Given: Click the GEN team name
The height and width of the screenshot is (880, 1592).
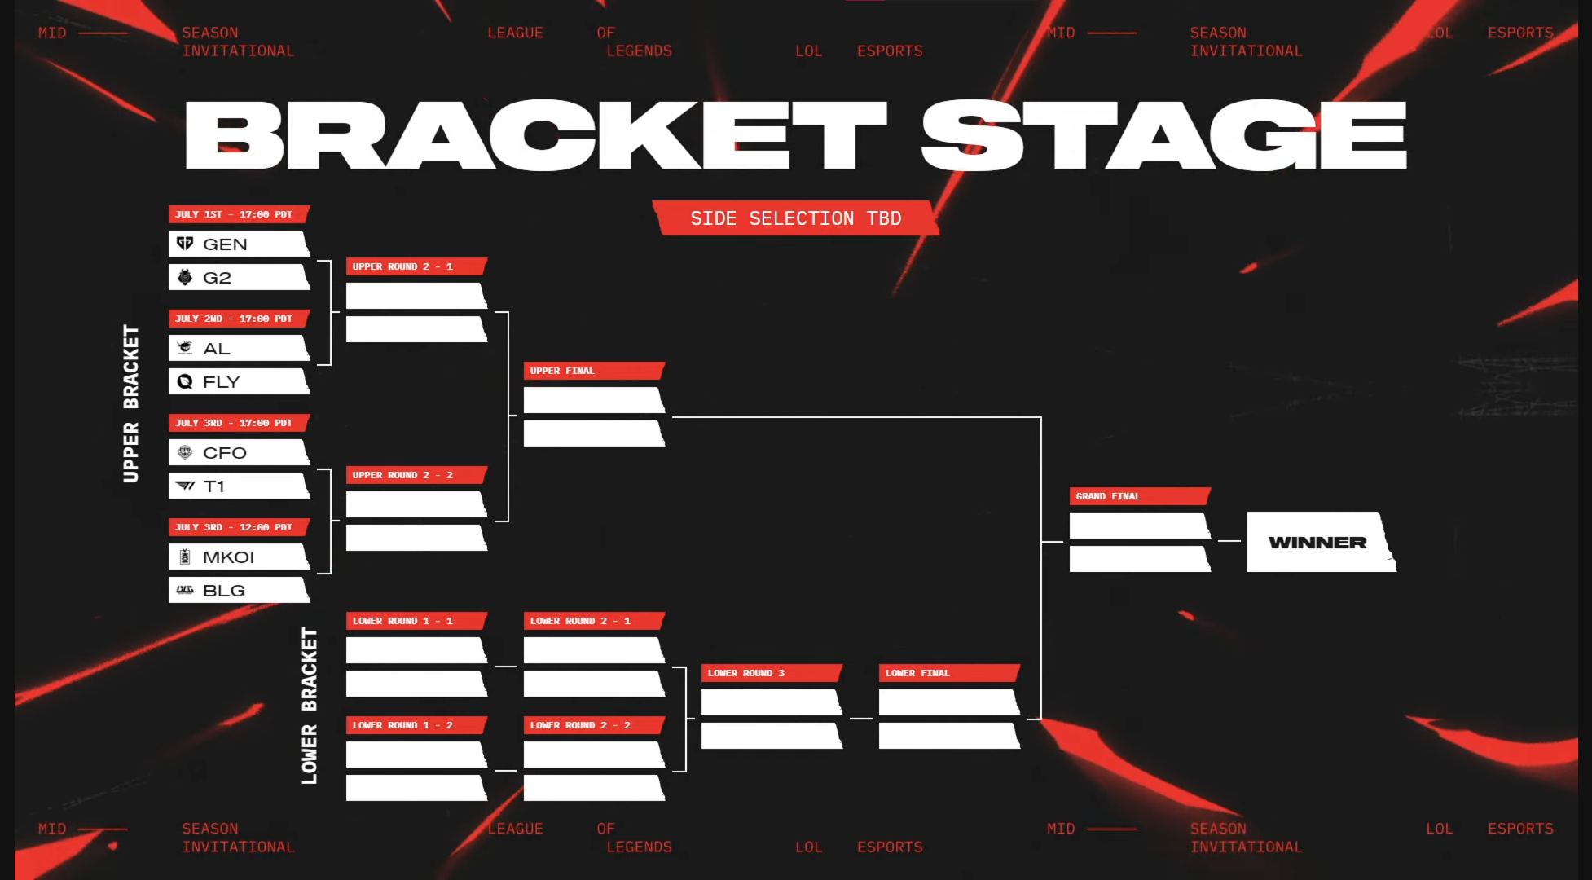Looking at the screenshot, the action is [x=225, y=244].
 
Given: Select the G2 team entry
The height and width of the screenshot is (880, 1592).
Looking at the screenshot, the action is [x=239, y=277].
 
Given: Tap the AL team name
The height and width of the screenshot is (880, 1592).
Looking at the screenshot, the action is [x=217, y=349].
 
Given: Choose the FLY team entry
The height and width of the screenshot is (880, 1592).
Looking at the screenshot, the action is [x=239, y=381].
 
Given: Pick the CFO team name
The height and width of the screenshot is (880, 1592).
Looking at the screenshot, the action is [x=225, y=453].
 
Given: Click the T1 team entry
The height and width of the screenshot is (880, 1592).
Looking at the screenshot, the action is [x=239, y=486].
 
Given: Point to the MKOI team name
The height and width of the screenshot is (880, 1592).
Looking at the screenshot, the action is [x=228, y=557].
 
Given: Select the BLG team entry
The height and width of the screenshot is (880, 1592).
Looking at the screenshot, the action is [x=239, y=590].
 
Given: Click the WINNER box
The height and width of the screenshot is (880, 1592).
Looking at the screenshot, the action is [x=1321, y=542].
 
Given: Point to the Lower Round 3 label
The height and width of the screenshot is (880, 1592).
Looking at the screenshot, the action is [x=746, y=673].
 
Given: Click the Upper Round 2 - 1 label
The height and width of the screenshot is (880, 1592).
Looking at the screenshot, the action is [x=402, y=266].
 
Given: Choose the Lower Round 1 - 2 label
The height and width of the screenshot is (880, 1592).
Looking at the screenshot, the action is [x=402, y=725].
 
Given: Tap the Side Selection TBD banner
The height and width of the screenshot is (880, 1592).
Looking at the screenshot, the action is [x=796, y=218].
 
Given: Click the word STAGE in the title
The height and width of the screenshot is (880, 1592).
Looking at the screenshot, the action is [x=1164, y=135].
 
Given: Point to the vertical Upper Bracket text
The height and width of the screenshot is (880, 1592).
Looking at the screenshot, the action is [x=130, y=403].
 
